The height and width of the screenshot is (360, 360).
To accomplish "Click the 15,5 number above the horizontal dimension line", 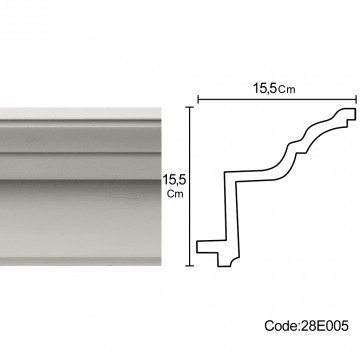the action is [x=264, y=88].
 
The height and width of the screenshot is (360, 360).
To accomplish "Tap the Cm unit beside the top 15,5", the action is [x=286, y=90].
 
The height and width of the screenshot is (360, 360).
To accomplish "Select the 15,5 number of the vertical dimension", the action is [x=174, y=180].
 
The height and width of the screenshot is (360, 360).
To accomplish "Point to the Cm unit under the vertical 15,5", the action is [x=175, y=194].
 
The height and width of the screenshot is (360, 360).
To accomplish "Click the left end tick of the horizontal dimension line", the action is [x=198, y=99].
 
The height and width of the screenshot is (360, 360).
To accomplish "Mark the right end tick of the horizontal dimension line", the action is [x=356, y=99].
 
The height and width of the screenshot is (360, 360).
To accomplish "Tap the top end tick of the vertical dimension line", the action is [x=190, y=107].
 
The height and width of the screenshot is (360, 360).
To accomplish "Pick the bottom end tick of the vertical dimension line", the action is [x=190, y=266].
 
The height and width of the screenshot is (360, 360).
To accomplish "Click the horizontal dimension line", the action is [x=277, y=99].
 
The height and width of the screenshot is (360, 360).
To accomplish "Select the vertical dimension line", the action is [x=190, y=187].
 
